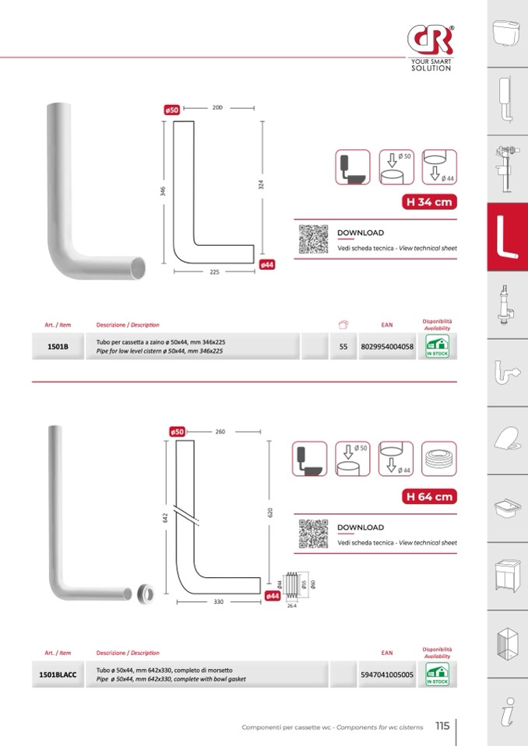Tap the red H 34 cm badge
[x=428, y=202]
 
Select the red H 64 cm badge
[x=428, y=497]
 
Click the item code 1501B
[x=58, y=347]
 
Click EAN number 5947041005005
[x=387, y=674]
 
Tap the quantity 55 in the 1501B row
[x=343, y=347]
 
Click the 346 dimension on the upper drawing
[x=164, y=191]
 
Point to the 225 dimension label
[x=214, y=272]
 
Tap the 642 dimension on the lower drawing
[x=165, y=517]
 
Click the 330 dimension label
[x=219, y=601]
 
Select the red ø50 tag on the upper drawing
[x=172, y=110]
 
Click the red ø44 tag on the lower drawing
[x=273, y=595]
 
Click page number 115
[x=442, y=725]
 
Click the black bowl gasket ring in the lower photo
[x=145, y=592]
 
